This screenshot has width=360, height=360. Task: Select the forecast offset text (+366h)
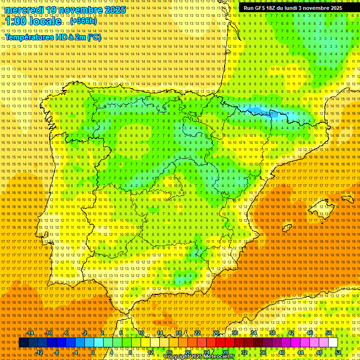point(83,21)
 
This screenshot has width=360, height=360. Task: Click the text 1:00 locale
point(33,21)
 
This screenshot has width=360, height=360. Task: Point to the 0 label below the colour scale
point(93,352)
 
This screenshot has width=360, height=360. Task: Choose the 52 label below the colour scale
point(337,352)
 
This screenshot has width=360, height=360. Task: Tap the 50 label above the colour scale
point(329,333)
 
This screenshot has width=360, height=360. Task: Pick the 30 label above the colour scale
point(234,333)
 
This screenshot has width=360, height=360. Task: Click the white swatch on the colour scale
point(333,343)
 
